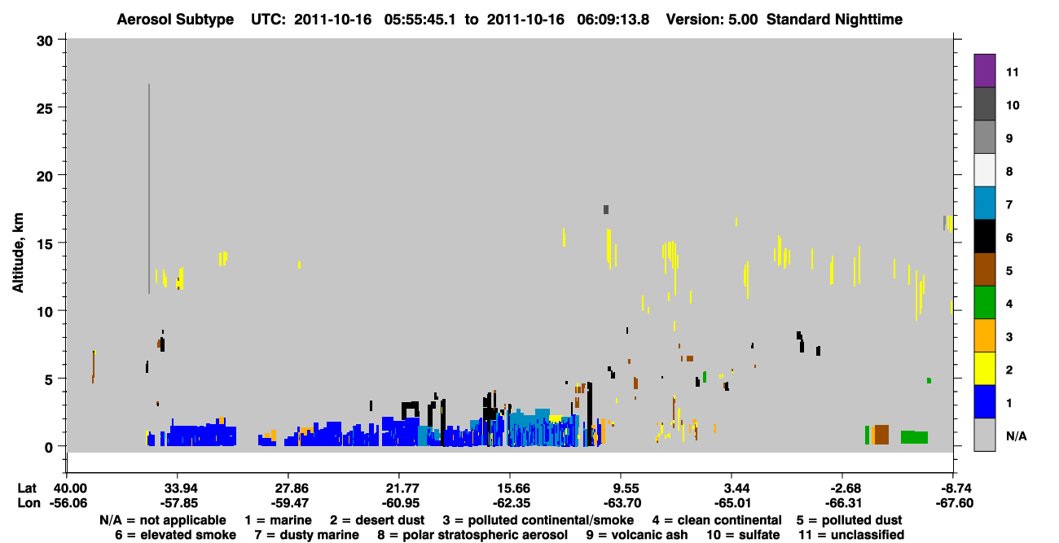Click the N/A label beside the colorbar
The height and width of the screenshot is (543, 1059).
point(1016,436)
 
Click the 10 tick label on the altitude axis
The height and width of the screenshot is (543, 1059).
point(45,312)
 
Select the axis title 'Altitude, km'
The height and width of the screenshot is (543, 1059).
point(17,253)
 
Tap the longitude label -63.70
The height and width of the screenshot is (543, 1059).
point(621,503)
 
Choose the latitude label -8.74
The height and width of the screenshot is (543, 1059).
point(954,488)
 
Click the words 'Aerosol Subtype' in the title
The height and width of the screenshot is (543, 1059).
point(175,20)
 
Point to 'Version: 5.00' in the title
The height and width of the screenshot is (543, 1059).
point(712,20)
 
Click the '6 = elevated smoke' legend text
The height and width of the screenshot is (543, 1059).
point(175,535)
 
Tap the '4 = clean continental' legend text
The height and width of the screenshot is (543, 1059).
point(717,520)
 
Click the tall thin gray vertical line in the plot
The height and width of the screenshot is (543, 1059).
point(149,189)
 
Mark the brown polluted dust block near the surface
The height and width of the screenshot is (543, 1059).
point(881,435)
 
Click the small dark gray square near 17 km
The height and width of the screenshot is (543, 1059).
point(606,209)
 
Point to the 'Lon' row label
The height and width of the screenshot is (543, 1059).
point(29,503)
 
